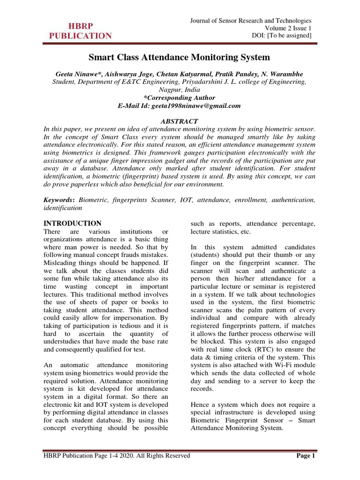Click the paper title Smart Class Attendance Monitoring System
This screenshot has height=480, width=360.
(180, 58)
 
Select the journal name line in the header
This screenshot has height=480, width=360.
(250, 21)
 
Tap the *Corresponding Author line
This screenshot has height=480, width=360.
(180, 98)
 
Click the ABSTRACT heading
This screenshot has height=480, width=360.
(180, 121)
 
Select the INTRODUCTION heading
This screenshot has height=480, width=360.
(72, 224)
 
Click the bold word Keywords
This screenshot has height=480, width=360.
(59, 200)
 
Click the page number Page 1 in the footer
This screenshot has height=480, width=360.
(307, 456)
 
